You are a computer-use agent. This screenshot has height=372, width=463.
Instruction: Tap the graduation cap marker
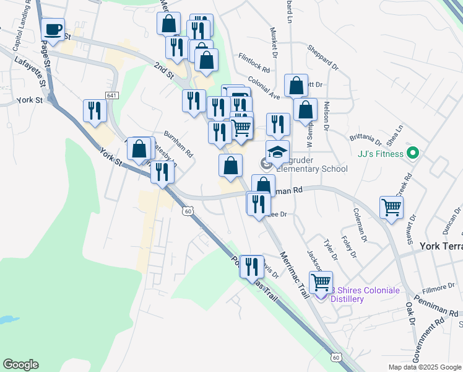point(277,151)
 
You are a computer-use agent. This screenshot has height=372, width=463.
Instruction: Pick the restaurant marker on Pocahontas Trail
point(251,267)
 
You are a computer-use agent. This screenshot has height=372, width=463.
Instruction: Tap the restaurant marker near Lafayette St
point(95,110)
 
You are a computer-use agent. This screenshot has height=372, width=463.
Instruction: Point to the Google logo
point(20,365)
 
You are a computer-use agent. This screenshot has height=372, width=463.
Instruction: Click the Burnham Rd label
point(179,143)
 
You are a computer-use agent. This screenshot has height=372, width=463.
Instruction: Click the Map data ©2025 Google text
point(425,367)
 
